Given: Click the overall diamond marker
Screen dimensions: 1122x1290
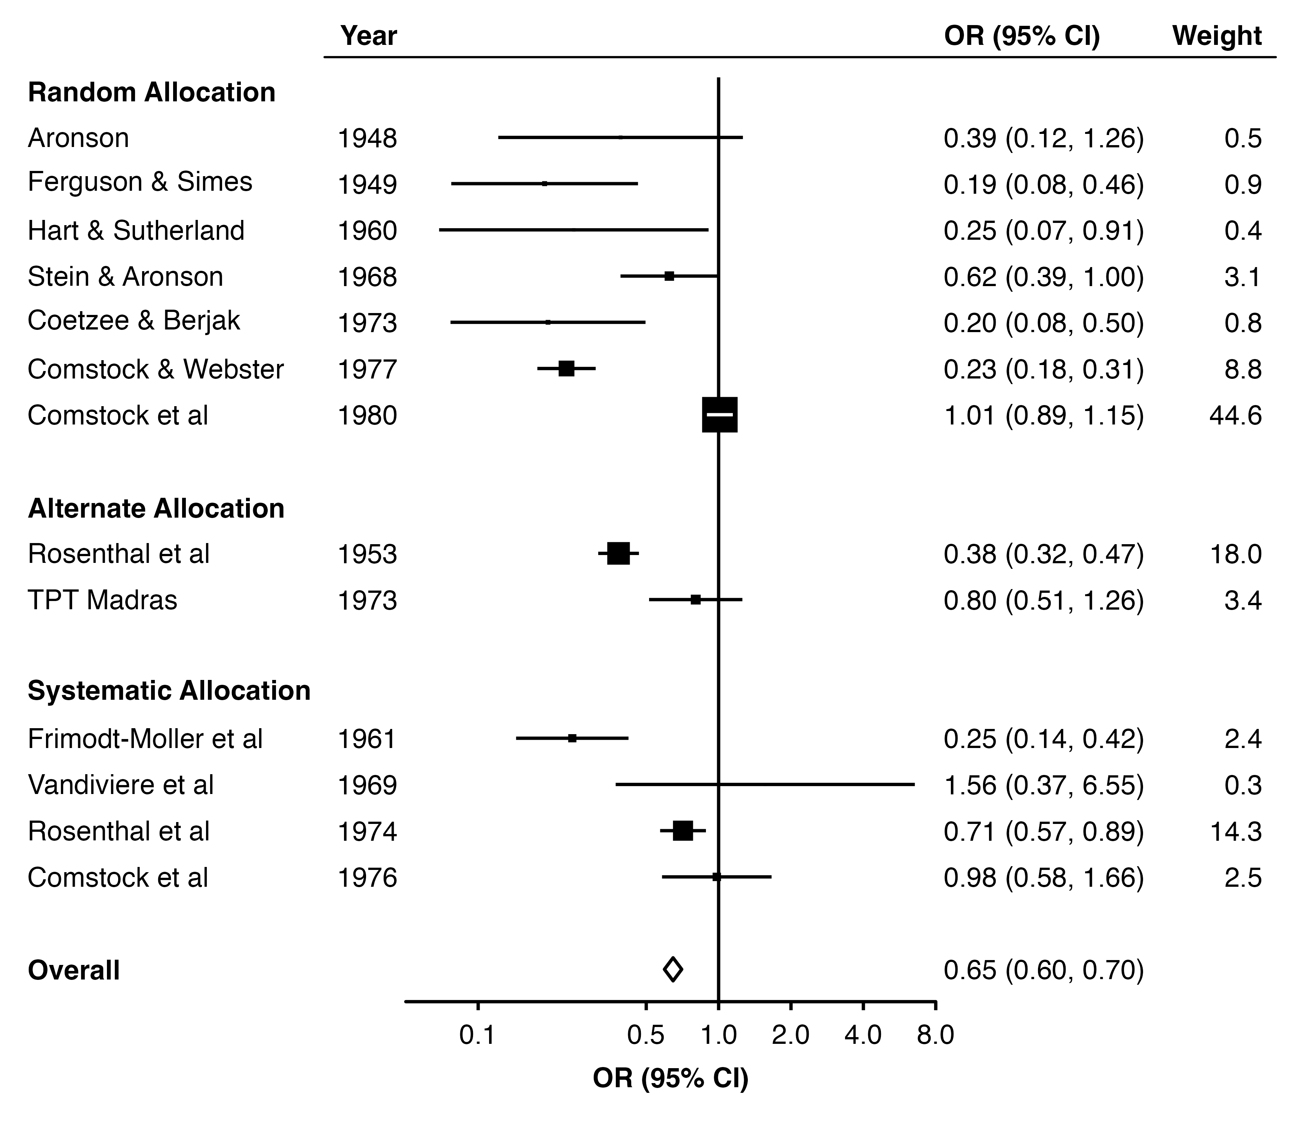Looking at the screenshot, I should tap(673, 970).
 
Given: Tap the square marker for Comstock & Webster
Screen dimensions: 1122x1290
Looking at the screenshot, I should tap(566, 369).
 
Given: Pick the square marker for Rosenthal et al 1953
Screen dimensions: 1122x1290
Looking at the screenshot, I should tap(618, 554).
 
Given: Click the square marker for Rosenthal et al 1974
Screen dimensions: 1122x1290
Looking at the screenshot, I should tap(683, 831).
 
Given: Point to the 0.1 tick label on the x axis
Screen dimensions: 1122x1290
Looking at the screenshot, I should tap(477, 1036).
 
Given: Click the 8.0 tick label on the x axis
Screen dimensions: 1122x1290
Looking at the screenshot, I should tap(935, 1036).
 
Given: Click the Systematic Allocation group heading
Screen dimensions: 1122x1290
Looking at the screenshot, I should tap(169, 691).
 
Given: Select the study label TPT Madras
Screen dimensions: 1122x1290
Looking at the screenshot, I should tap(103, 600).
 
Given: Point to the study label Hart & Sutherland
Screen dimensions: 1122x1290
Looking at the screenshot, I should tap(136, 230).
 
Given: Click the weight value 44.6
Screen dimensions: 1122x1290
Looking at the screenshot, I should tap(1235, 415).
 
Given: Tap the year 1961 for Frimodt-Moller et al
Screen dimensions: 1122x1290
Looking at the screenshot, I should tap(368, 739).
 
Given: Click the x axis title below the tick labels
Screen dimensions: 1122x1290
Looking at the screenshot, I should tap(670, 1079).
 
